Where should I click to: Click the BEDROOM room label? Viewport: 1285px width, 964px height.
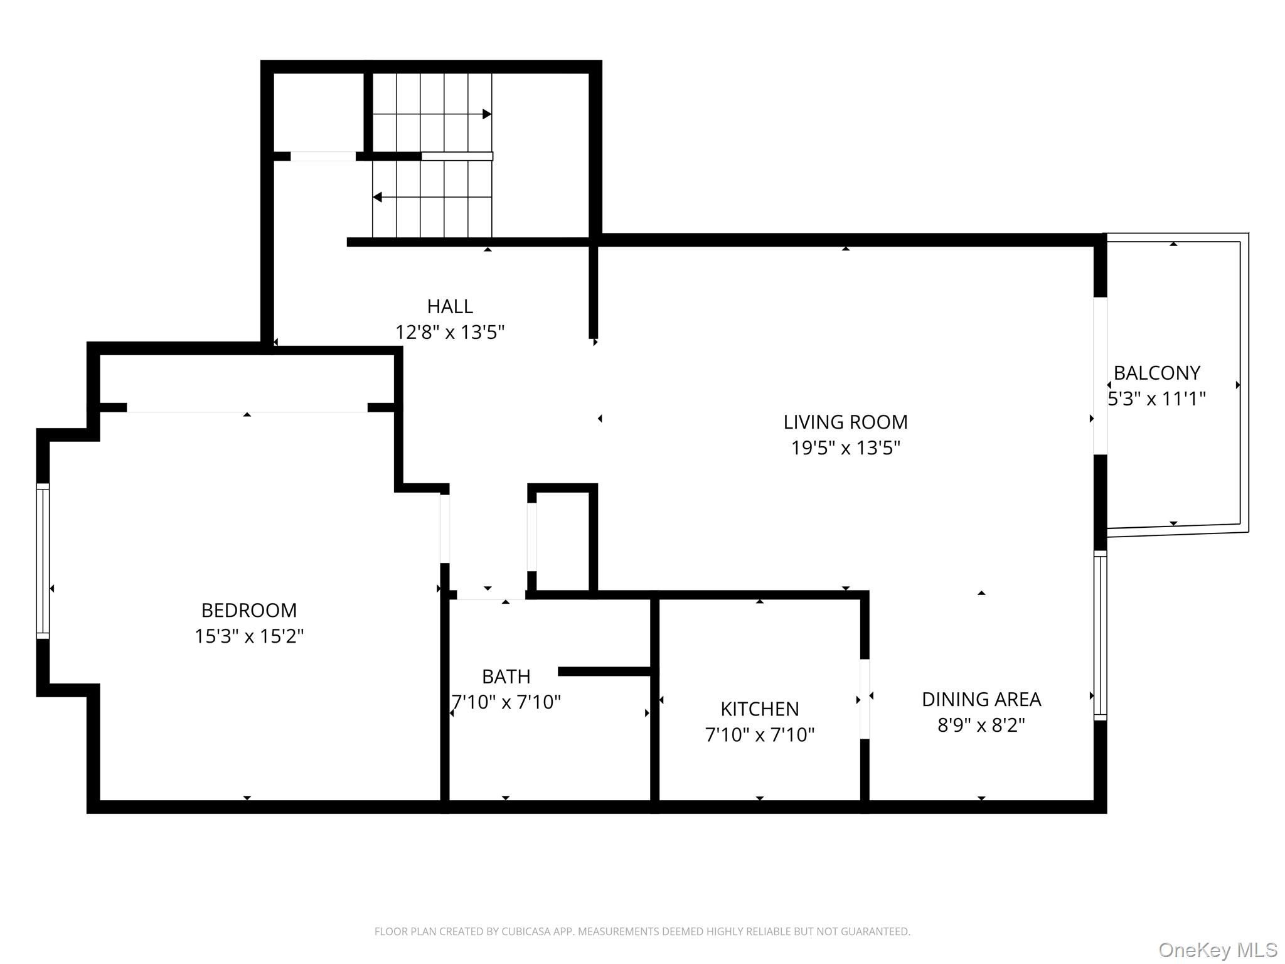coord(249,610)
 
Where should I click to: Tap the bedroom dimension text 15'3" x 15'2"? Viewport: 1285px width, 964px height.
coord(249,636)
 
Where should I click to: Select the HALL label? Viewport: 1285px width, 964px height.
coord(450,306)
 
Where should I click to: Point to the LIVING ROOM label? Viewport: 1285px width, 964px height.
coord(845,422)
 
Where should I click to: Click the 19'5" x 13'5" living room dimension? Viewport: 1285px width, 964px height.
coord(845,448)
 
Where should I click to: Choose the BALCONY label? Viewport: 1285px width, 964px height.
coord(1156,373)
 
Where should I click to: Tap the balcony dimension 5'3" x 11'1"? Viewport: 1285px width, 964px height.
coord(1156,399)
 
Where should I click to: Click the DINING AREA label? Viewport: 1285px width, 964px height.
coord(981,699)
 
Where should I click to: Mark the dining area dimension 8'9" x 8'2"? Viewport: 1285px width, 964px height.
coord(981,726)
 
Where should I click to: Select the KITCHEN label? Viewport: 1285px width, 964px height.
coord(760,709)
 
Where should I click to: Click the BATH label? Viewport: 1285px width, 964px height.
coord(506,677)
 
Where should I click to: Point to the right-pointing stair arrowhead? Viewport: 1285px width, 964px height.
coord(487,114)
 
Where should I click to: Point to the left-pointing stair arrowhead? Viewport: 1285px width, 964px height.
coord(378,197)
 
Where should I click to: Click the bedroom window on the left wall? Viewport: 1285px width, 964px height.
coord(43,561)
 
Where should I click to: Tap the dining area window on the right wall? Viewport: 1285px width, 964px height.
coord(1101,635)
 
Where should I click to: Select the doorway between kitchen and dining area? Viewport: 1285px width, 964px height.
coord(865,699)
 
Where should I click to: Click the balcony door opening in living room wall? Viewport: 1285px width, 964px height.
coord(1101,376)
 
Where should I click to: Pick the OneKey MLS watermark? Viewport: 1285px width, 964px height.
coord(1218,950)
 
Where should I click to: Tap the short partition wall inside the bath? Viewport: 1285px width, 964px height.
coord(604,672)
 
